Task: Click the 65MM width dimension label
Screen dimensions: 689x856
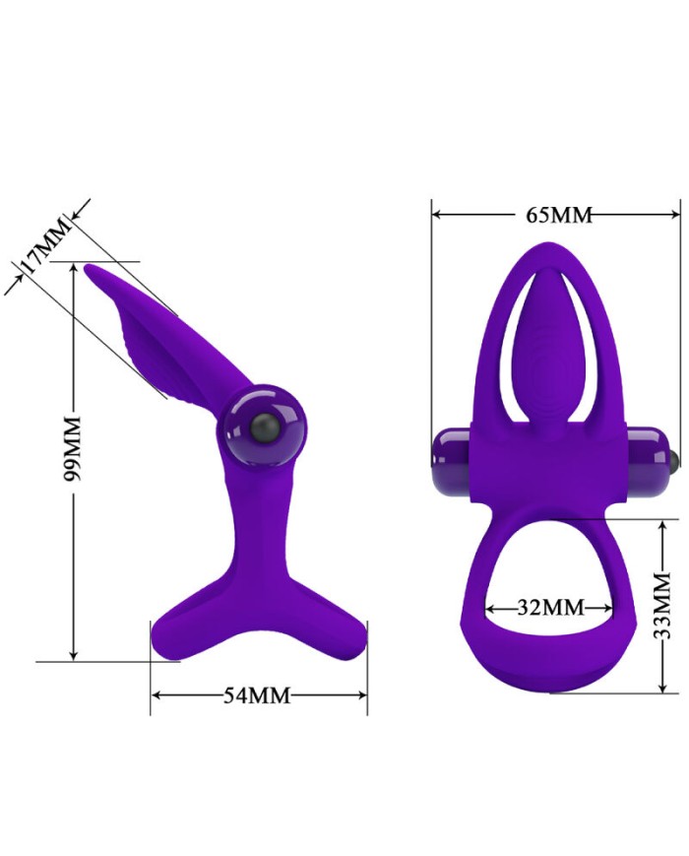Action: (x=559, y=215)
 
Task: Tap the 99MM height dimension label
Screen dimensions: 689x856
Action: (x=72, y=448)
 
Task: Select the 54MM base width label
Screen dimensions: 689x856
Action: (x=257, y=695)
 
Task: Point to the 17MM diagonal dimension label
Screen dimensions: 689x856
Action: (x=45, y=245)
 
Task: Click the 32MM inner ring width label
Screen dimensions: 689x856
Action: (x=550, y=607)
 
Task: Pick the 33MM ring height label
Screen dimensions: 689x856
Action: (x=662, y=606)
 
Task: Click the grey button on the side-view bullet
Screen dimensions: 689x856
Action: (x=265, y=428)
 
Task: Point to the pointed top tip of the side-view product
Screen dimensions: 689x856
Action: (x=88, y=267)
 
